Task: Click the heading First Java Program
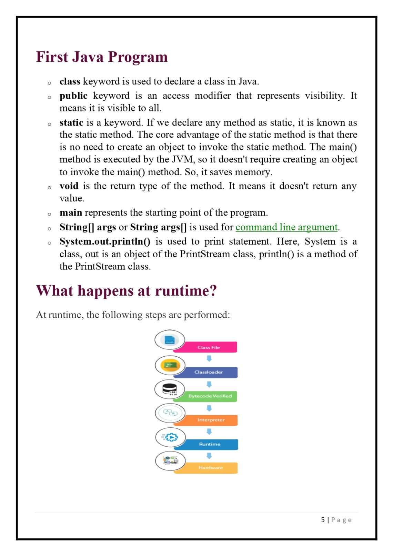102,57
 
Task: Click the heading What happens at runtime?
126,291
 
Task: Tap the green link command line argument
286,227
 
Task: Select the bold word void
69,186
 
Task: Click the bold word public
73,96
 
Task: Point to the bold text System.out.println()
105,241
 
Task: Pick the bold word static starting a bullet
71,122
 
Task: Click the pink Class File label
209,347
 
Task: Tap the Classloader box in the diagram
209,372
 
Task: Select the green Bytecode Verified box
210,396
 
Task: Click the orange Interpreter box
211,420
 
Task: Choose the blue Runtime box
210,444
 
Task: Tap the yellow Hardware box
210,468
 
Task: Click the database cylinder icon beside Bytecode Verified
170,389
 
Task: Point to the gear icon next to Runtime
170,437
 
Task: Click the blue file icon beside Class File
170,340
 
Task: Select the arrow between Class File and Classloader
209,359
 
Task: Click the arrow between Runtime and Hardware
209,456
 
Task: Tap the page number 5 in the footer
323,520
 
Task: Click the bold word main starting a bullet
71,213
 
